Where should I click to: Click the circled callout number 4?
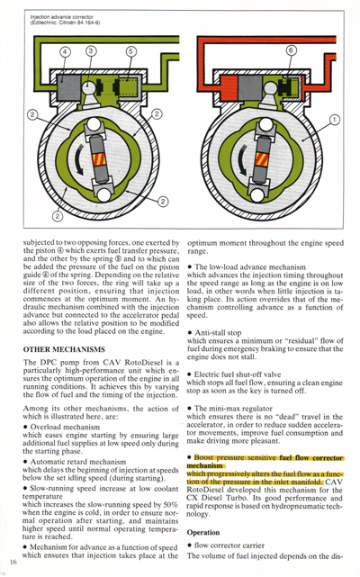pyautogui.click(x=66, y=52)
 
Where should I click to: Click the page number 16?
pyautogui.click(x=13, y=562)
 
